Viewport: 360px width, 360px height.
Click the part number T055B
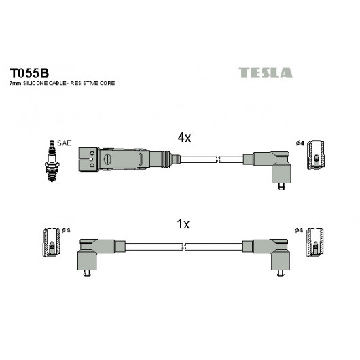click(x=29, y=73)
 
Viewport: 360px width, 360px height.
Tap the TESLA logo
click(x=266, y=73)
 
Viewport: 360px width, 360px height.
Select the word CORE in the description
click(x=107, y=83)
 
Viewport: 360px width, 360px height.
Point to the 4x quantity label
click(x=184, y=137)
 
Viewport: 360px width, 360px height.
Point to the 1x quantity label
click(x=183, y=224)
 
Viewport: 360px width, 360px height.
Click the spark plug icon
click(x=52, y=161)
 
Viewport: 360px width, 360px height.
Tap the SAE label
click(x=64, y=143)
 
